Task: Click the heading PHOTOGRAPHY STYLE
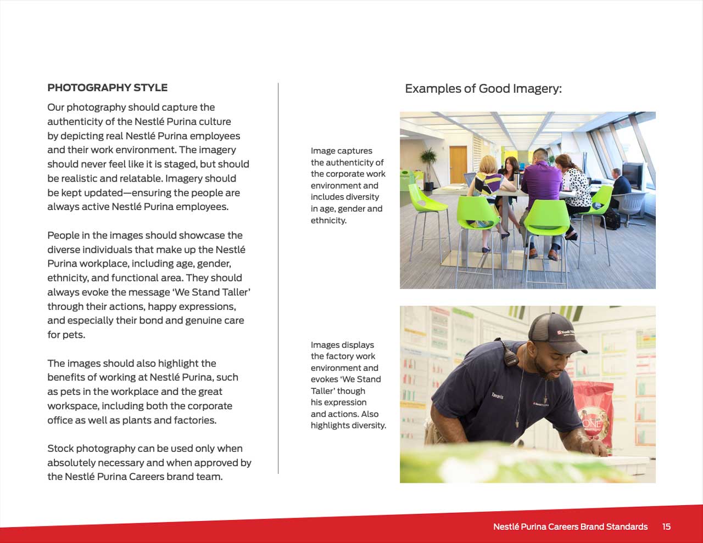click(x=107, y=88)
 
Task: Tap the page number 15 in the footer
click(x=666, y=527)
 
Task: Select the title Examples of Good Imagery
click(x=483, y=89)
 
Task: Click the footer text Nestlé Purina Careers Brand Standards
click(x=570, y=527)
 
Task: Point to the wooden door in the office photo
click(x=457, y=165)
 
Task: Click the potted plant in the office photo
click(x=428, y=165)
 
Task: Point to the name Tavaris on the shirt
click(x=498, y=395)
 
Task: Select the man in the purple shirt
click(x=540, y=181)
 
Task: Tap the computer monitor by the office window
click(x=633, y=174)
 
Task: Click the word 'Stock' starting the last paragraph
click(x=60, y=449)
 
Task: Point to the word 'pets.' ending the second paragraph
click(x=66, y=335)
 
